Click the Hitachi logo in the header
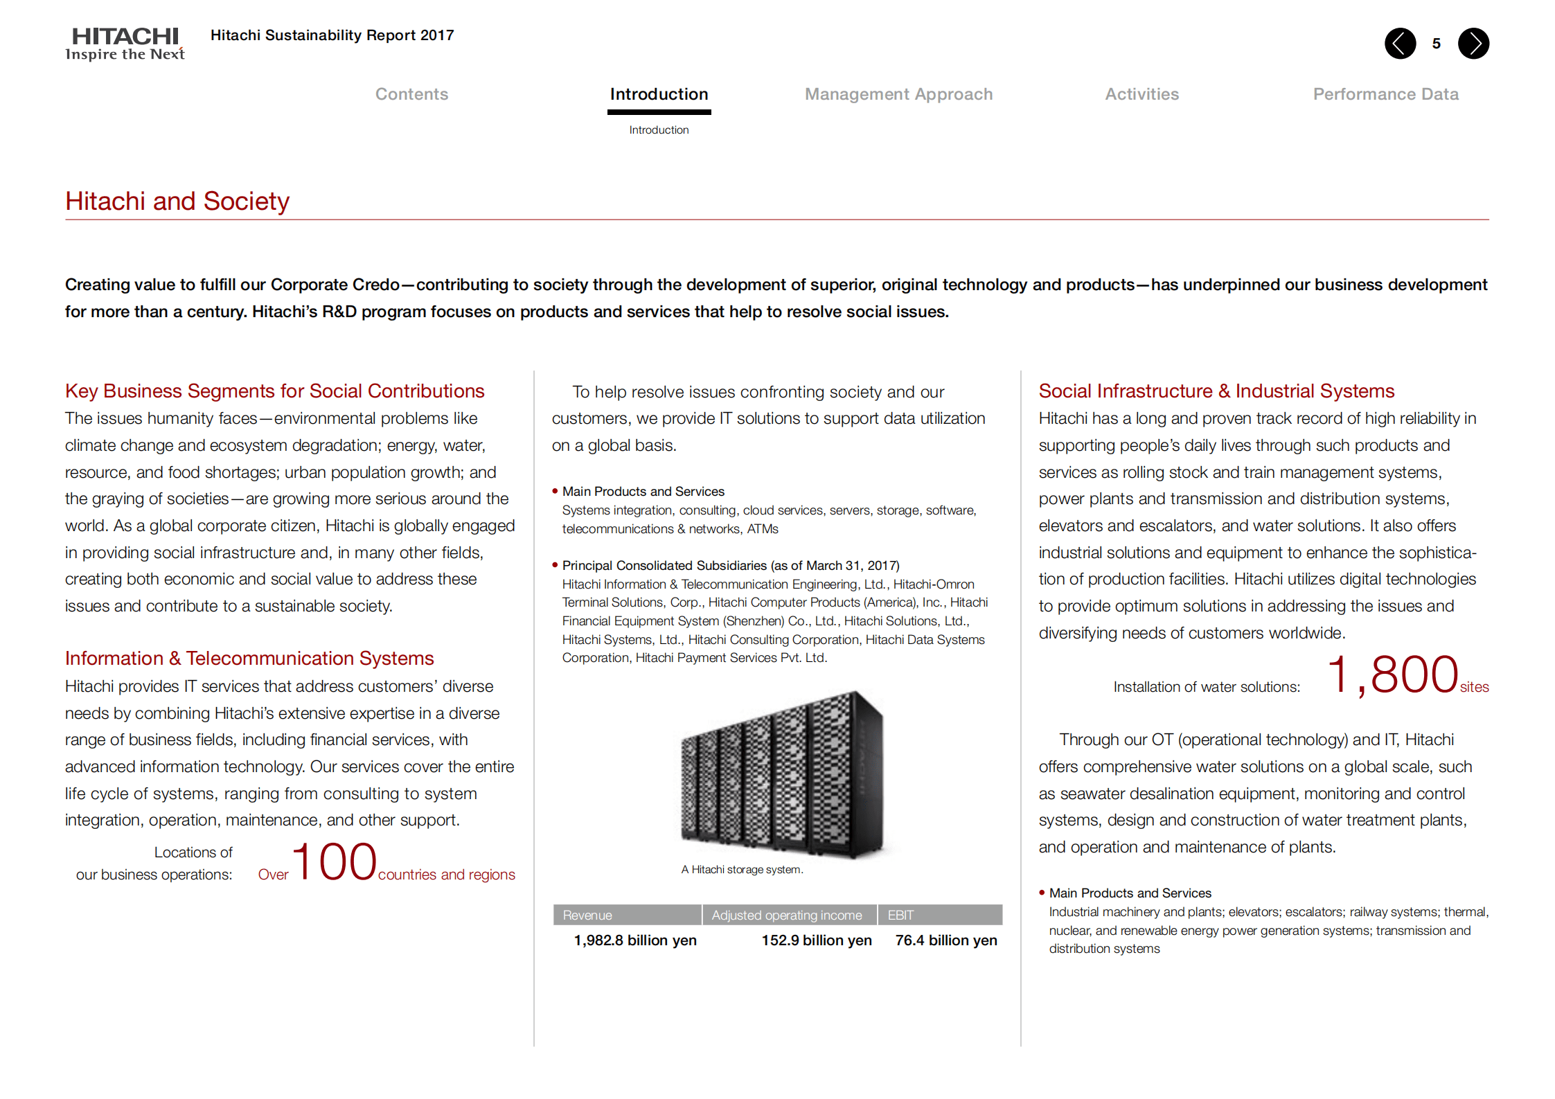pyautogui.click(x=125, y=44)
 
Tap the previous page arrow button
pyautogui.click(x=1400, y=44)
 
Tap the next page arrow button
pyautogui.click(x=1473, y=44)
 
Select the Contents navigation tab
pyautogui.click(x=411, y=94)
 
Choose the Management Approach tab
pyautogui.click(x=898, y=94)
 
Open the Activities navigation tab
pyautogui.click(x=1141, y=94)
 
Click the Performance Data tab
pyautogui.click(x=1385, y=94)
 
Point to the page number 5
pyautogui.click(x=1437, y=44)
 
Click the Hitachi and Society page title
pyautogui.click(x=177, y=202)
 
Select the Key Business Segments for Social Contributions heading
pyautogui.click(x=274, y=391)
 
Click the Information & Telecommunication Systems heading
pyautogui.click(x=249, y=659)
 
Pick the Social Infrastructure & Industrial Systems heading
pyautogui.click(x=1216, y=391)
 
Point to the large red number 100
pyautogui.click(x=335, y=862)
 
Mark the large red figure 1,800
pyautogui.click(x=1393, y=675)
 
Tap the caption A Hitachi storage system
pyautogui.click(x=742, y=870)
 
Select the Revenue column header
pyautogui.click(x=587, y=915)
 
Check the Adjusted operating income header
pyautogui.click(x=787, y=915)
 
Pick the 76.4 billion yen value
pyautogui.click(x=946, y=940)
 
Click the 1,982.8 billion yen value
pyautogui.click(x=635, y=940)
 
